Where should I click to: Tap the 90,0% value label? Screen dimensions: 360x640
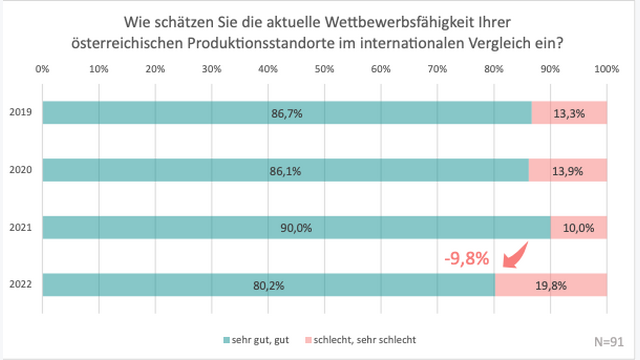pyautogui.click(x=296, y=228)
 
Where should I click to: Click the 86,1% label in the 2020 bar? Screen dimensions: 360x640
pyautogui.click(x=286, y=171)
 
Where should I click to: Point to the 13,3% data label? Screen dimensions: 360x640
pyautogui.click(x=569, y=114)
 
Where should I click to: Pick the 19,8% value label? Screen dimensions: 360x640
pyautogui.click(x=551, y=285)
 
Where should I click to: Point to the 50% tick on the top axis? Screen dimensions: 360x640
pyautogui.click(x=324, y=69)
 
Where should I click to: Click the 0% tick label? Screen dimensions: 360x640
pyautogui.click(x=43, y=69)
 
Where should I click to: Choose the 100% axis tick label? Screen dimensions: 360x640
pyautogui.click(x=606, y=69)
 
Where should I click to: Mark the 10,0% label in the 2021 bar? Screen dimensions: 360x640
pyautogui.click(x=578, y=228)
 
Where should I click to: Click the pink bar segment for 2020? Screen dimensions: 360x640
pyautogui.click(x=567, y=171)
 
